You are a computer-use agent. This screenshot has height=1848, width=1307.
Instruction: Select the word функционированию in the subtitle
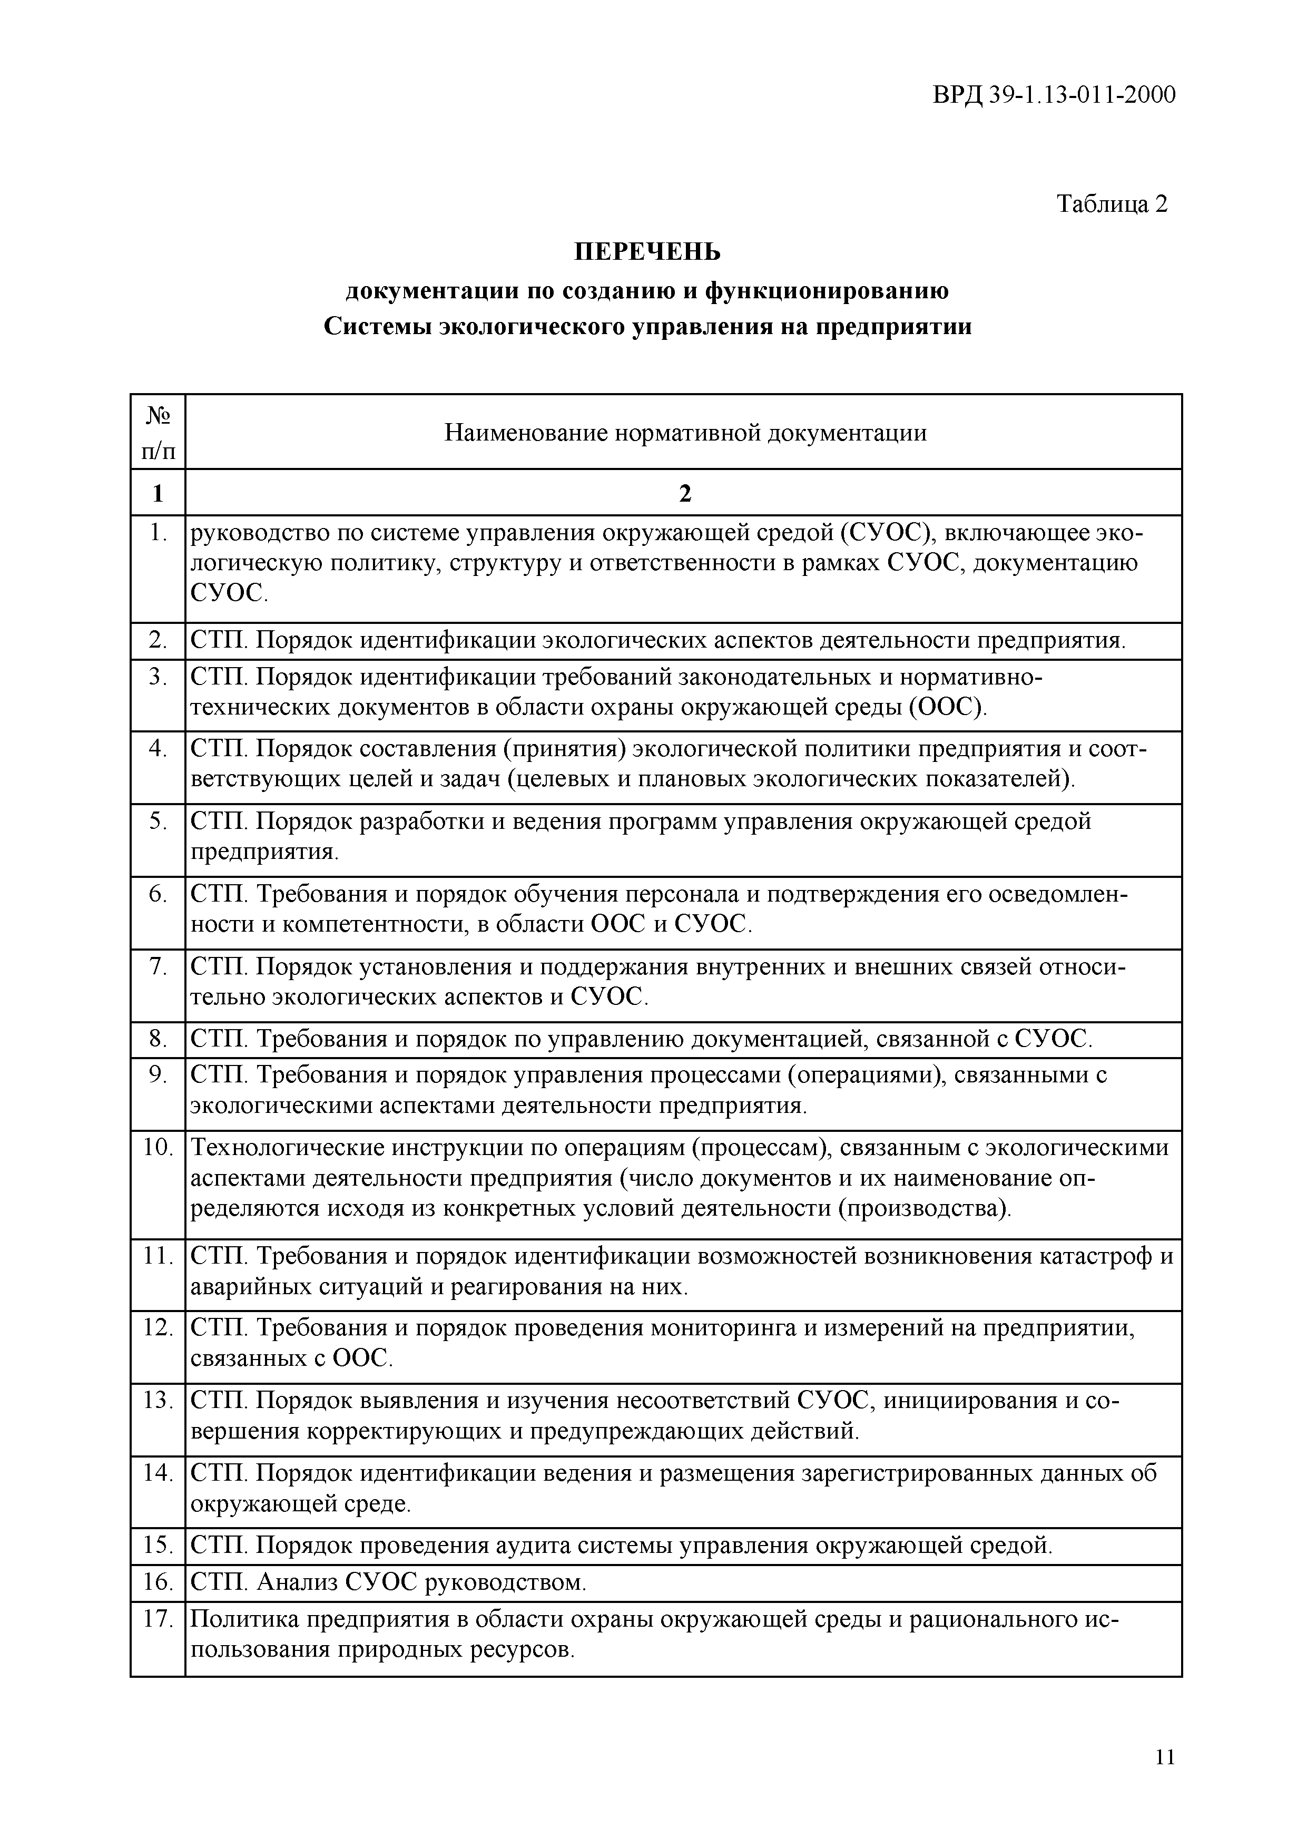tap(827, 290)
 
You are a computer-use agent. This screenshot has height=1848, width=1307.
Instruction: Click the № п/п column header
tap(158, 432)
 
